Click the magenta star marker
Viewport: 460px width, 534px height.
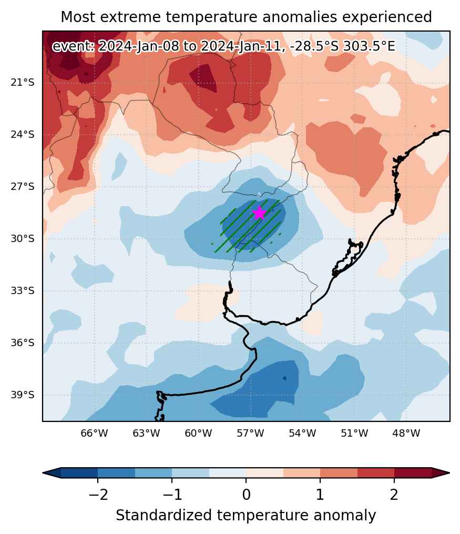(x=259, y=213)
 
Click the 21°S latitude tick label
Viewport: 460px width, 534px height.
(x=23, y=83)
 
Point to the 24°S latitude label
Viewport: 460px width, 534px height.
(x=23, y=135)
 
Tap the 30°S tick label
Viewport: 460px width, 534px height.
(x=23, y=238)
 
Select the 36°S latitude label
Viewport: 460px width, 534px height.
(x=23, y=342)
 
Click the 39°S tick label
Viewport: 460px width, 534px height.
(x=23, y=395)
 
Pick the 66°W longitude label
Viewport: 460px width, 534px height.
(x=94, y=433)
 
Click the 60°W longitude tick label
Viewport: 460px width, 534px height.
(x=198, y=433)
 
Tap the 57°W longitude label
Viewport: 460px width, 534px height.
(x=250, y=433)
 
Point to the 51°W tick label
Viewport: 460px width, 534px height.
(x=354, y=433)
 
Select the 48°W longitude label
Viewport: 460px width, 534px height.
(x=406, y=433)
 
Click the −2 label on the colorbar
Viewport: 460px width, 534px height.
(x=98, y=495)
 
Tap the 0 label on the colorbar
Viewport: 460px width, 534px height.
(x=246, y=495)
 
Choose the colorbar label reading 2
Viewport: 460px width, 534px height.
(x=394, y=495)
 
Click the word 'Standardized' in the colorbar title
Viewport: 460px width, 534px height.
(x=164, y=515)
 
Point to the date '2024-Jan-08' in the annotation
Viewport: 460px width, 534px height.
(x=138, y=46)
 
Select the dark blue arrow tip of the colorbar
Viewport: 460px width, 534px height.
(x=52, y=472)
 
